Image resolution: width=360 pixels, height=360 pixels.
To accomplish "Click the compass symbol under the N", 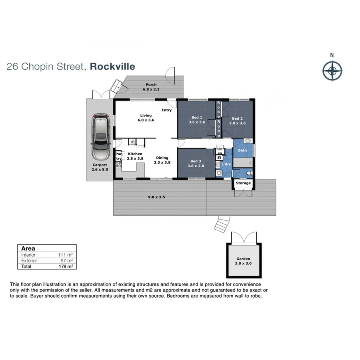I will pos(332,71).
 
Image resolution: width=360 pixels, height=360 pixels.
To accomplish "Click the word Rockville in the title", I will pos(112,66).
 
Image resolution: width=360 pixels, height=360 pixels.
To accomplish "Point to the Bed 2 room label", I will pos(237,121).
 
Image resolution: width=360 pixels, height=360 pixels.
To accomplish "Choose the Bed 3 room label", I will pos(196,164).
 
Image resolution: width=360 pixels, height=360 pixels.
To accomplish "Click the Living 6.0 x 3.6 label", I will pos(146,118).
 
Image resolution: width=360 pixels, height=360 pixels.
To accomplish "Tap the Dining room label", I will pos(162,160).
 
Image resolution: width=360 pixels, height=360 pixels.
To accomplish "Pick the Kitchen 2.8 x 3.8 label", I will pos(135,156).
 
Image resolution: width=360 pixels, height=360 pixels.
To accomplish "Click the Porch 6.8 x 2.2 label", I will pos(151,87).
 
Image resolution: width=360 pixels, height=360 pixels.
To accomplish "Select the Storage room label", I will pos(243,183).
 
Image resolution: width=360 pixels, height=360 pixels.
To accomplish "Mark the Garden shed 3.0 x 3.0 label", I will pos(243,261).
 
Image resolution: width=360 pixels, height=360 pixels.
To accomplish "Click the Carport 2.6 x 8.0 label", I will pos(100,167).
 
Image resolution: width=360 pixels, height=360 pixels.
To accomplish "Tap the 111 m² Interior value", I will pos(66,255).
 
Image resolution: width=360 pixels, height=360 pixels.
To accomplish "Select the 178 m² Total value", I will pos(66,266).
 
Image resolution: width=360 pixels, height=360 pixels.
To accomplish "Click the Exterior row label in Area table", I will pos(29,260).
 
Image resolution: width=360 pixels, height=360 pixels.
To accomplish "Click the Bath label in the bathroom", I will pos(242,150).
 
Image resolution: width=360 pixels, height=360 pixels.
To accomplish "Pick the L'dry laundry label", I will pos(227,164).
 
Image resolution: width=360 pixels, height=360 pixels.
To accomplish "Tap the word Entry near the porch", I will pos(166,110).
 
